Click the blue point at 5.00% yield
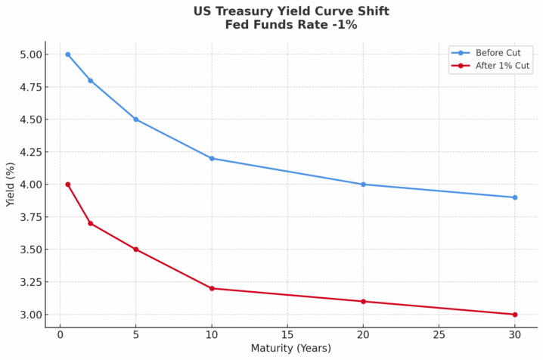(x=68, y=54)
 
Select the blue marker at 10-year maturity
(x=212, y=158)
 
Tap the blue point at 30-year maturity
(x=515, y=197)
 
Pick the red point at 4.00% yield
(x=68, y=185)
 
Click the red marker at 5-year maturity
(x=136, y=250)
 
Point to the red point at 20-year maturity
(x=363, y=302)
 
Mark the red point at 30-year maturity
(x=515, y=315)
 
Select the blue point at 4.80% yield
(x=91, y=80)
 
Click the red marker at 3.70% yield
(x=91, y=223)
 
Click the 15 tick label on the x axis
(x=287, y=335)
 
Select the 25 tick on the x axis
(x=439, y=335)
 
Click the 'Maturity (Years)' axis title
(x=290, y=349)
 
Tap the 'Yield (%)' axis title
(x=11, y=185)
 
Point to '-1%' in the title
(x=343, y=25)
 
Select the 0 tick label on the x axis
(x=61, y=335)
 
